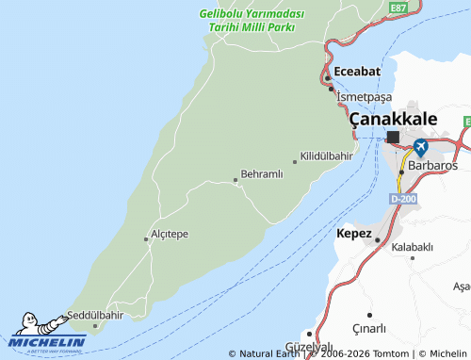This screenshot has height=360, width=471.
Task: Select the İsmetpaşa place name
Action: pyautogui.click(x=364, y=97)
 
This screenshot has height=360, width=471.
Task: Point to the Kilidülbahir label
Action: pyautogui.click(x=327, y=155)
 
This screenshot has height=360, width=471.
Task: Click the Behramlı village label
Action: pyautogui.click(x=262, y=175)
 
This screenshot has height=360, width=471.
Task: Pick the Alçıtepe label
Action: pyautogui.click(x=171, y=234)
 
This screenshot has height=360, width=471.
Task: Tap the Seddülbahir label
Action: pyautogui.click(x=95, y=315)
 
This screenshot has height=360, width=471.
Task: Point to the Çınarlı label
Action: pyautogui.click(x=396, y=328)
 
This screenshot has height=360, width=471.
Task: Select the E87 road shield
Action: pyautogui.click(x=398, y=8)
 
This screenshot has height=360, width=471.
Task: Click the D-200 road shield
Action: pyautogui.click(x=402, y=199)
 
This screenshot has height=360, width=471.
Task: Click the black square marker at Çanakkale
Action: pyautogui.click(x=393, y=138)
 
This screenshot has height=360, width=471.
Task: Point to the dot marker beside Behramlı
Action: pyautogui.click(x=235, y=179)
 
